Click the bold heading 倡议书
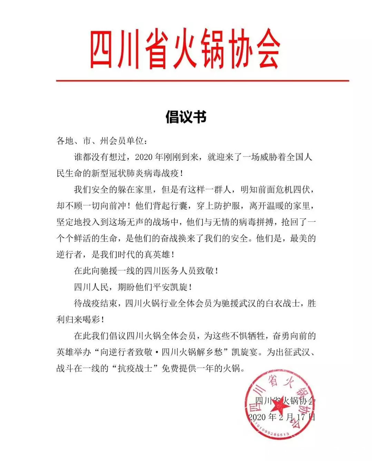pos(186,117)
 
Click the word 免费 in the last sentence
pos(170,369)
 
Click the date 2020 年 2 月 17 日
pos(282,417)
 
